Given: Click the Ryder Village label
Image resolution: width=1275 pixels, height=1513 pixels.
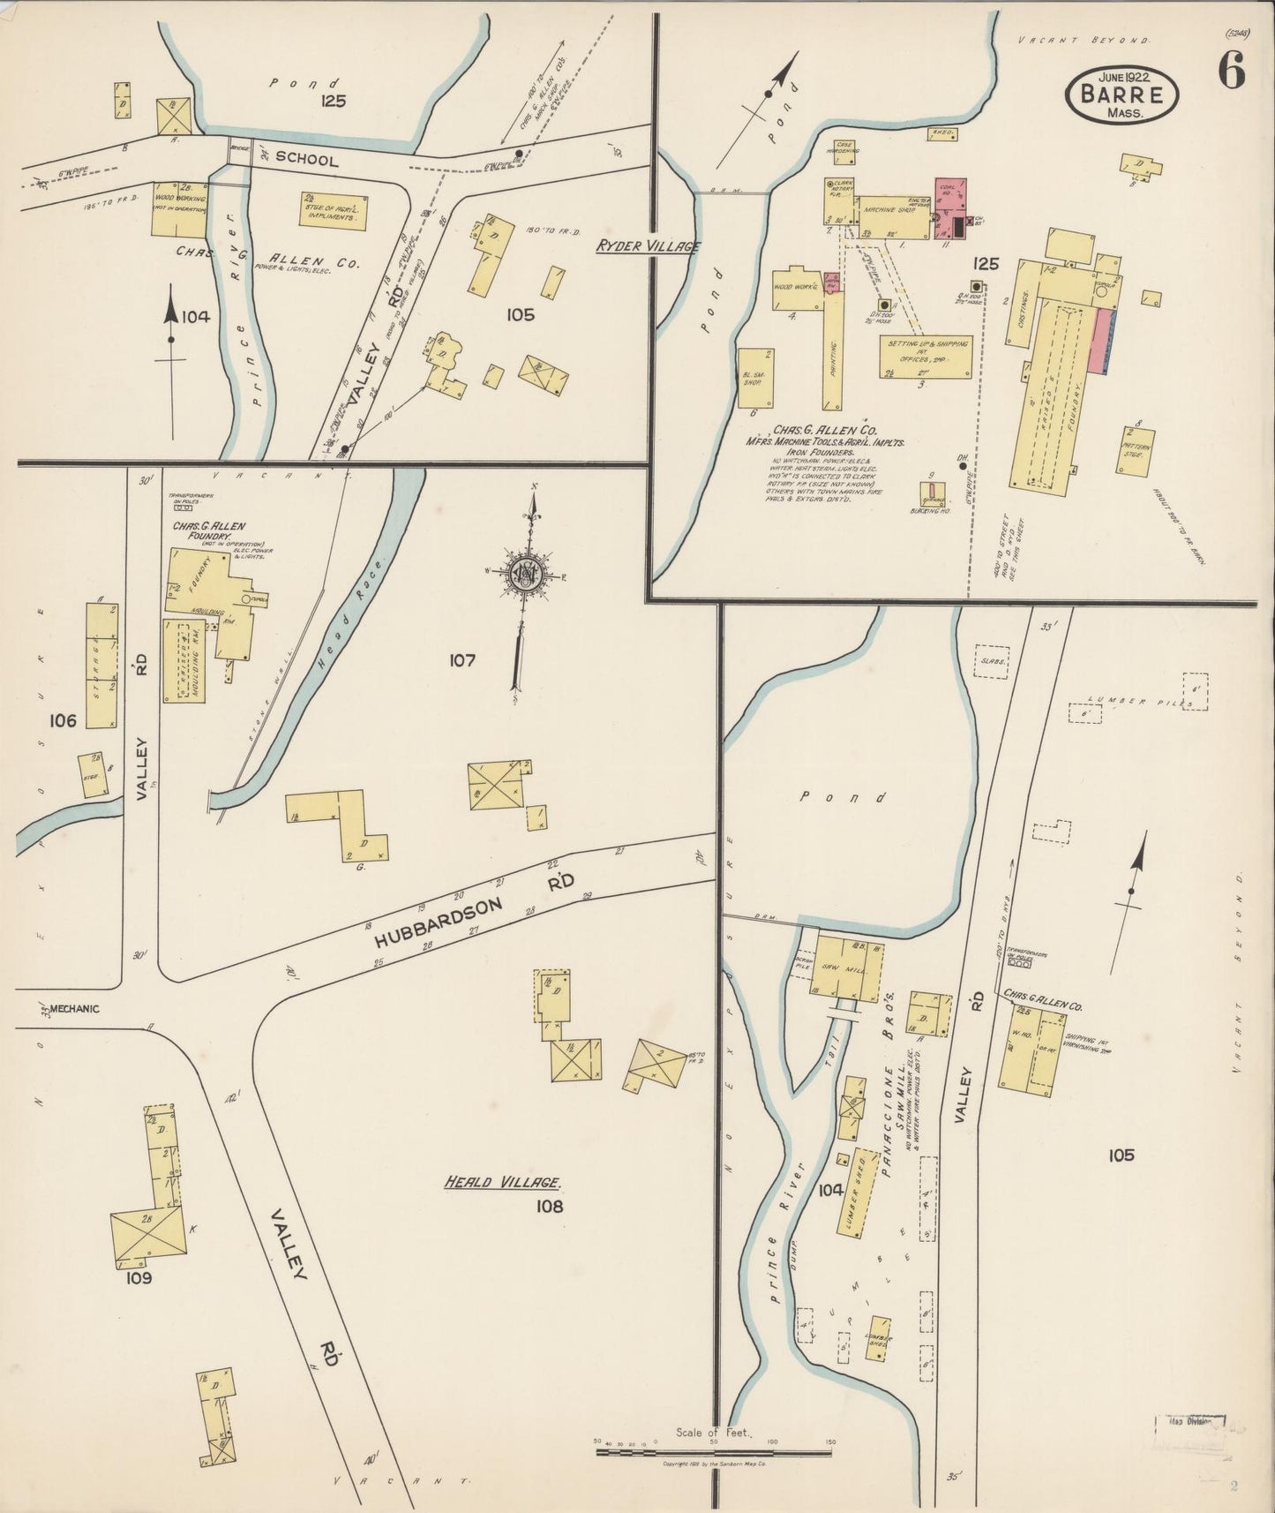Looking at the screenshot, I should [x=647, y=247].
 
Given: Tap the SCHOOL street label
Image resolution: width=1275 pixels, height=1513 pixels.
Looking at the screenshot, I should [x=306, y=160].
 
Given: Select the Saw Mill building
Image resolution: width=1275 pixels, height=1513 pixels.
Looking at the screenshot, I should [x=846, y=967].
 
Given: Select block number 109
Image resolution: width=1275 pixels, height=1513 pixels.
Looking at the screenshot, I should [x=139, y=1278].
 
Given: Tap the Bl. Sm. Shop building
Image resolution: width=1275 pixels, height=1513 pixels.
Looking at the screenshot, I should [x=755, y=377].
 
